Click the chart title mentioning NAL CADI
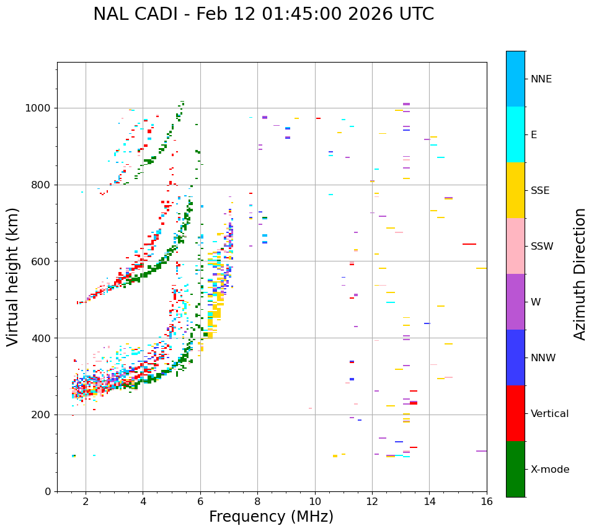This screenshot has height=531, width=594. [264, 14]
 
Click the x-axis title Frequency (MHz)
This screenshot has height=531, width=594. [271, 517]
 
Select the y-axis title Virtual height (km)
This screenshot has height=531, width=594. [13, 276]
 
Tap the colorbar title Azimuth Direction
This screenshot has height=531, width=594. [580, 274]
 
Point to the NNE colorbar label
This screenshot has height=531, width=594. [541, 79]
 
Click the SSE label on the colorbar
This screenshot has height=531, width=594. [539, 191]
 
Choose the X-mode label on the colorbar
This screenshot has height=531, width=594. [549, 470]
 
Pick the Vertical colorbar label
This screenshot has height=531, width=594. [549, 414]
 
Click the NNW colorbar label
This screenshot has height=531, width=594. [543, 358]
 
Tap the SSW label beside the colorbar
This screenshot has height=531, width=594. [541, 247]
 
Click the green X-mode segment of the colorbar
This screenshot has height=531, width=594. [515, 469]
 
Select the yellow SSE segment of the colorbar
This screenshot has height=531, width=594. [515, 190]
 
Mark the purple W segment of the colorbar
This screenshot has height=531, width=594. [515, 302]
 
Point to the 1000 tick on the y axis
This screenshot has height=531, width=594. [39, 108]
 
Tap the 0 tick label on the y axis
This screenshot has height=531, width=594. [48, 491]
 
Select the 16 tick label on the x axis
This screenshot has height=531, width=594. [487, 502]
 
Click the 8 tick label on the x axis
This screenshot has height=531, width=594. [257, 502]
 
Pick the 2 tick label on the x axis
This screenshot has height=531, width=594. [86, 502]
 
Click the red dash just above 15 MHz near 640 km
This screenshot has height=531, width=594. [469, 244]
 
